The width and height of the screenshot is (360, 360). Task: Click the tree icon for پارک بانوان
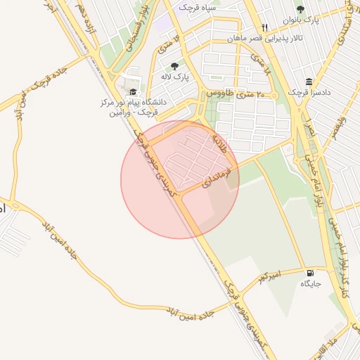pos(301,9)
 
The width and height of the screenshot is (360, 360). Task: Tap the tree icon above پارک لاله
pos(174,66)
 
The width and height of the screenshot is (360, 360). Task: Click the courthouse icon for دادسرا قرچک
pos(309,82)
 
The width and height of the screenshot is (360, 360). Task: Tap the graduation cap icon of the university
pos(131,92)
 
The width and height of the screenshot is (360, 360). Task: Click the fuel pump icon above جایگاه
pos(310,273)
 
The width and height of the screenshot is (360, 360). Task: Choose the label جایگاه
pos(310,284)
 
